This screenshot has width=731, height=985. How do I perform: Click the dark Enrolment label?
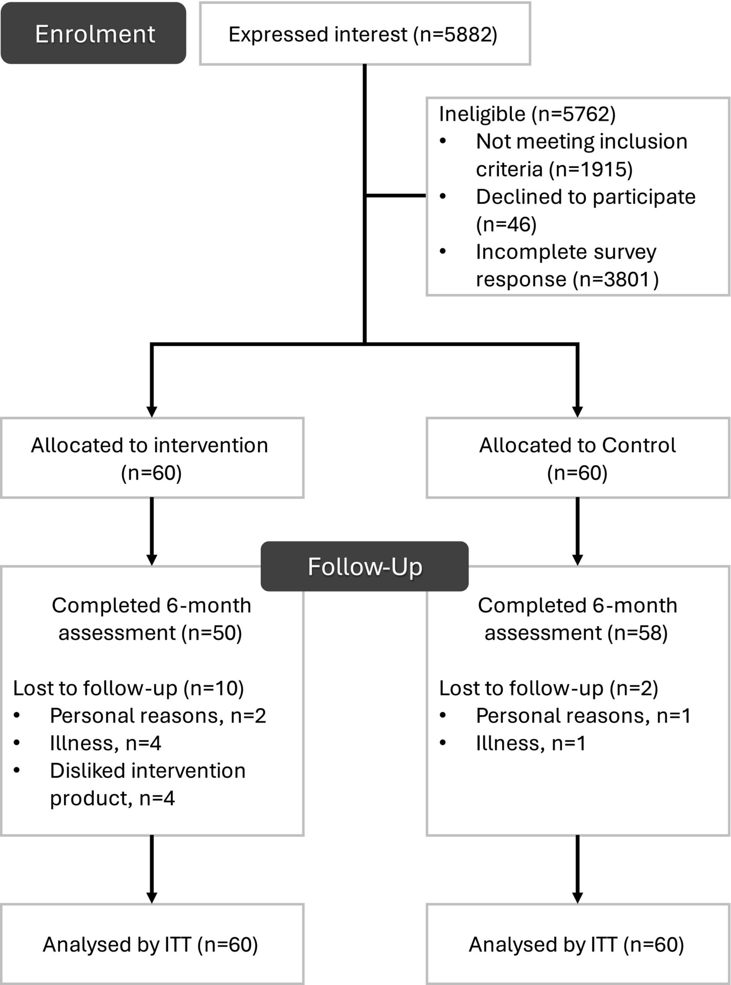click(x=93, y=33)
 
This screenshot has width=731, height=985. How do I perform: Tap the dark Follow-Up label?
click(x=365, y=566)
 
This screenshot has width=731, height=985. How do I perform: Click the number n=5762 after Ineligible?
click(x=573, y=114)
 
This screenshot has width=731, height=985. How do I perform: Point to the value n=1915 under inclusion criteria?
click(x=591, y=169)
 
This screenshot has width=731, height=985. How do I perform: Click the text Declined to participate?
click(x=585, y=197)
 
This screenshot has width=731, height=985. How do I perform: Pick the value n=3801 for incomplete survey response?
click(x=615, y=279)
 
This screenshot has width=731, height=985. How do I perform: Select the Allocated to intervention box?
click(x=152, y=458)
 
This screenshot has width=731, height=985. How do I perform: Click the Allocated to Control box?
click(x=578, y=458)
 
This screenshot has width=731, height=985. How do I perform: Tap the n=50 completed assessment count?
click(x=211, y=633)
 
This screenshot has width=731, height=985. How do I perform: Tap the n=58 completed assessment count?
click(x=638, y=633)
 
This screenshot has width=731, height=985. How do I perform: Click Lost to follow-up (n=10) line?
click(x=128, y=688)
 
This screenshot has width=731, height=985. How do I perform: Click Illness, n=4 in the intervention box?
click(x=105, y=743)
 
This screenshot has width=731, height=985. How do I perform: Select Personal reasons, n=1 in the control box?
click(x=583, y=715)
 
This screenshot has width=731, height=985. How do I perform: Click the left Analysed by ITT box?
click(x=152, y=944)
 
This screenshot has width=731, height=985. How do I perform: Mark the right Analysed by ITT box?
click(x=578, y=944)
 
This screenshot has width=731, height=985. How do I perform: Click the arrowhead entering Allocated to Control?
click(x=578, y=412)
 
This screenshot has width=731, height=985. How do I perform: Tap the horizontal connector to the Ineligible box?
click(x=396, y=195)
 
